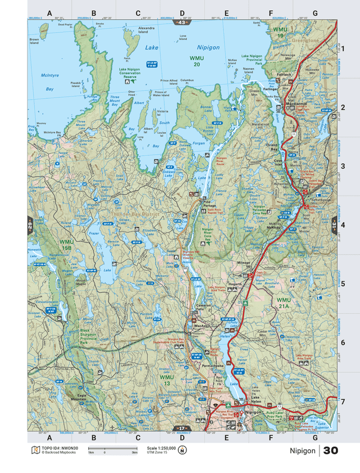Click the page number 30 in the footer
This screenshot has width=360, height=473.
click(x=331, y=451)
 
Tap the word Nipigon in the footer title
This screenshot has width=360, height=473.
click(x=303, y=451)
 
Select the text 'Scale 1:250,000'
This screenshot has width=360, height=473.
click(x=161, y=448)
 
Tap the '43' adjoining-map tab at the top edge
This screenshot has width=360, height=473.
click(x=182, y=22)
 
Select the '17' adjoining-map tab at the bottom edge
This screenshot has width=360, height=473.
click(x=181, y=428)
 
